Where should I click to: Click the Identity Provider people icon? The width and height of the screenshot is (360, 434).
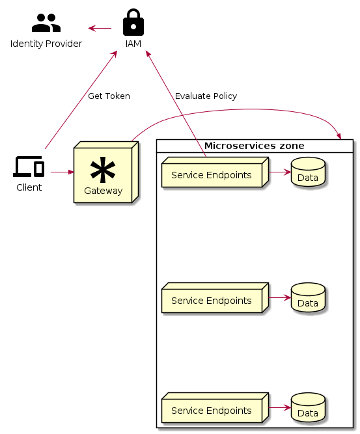pyautogui.click(x=46, y=23)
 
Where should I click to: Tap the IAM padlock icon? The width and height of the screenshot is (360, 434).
pyautogui.click(x=133, y=22)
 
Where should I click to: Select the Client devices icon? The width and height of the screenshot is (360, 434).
pyautogui.click(x=29, y=167)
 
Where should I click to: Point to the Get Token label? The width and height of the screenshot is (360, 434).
pyautogui.click(x=109, y=96)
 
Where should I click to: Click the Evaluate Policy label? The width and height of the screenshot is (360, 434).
pyautogui.click(x=206, y=96)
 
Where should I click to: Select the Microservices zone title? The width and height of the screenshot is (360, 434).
pyautogui.click(x=254, y=145)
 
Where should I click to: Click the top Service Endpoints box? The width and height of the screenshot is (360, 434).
pyautogui.click(x=212, y=176)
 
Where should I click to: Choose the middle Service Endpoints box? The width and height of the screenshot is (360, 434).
pyautogui.click(x=212, y=301)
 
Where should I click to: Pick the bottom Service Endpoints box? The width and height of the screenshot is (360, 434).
pyautogui.click(x=212, y=411)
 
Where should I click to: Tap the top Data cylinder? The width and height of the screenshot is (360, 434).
pyautogui.click(x=308, y=172)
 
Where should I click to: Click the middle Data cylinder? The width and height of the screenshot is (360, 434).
pyautogui.click(x=308, y=298)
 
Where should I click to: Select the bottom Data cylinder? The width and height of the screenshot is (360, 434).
pyautogui.click(x=308, y=408)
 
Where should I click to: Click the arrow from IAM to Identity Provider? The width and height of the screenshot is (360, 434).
pyautogui.click(x=100, y=28)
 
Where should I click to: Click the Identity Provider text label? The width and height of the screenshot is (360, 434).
pyautogui.click(x=46, y=44)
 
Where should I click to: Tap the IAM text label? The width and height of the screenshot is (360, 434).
pyautogui.click(x=133, y=44)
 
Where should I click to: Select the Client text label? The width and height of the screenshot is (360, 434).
pyautogui.click(x=29, y=187)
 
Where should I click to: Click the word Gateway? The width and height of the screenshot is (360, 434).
pyautogui.click(x=103, y=191)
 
